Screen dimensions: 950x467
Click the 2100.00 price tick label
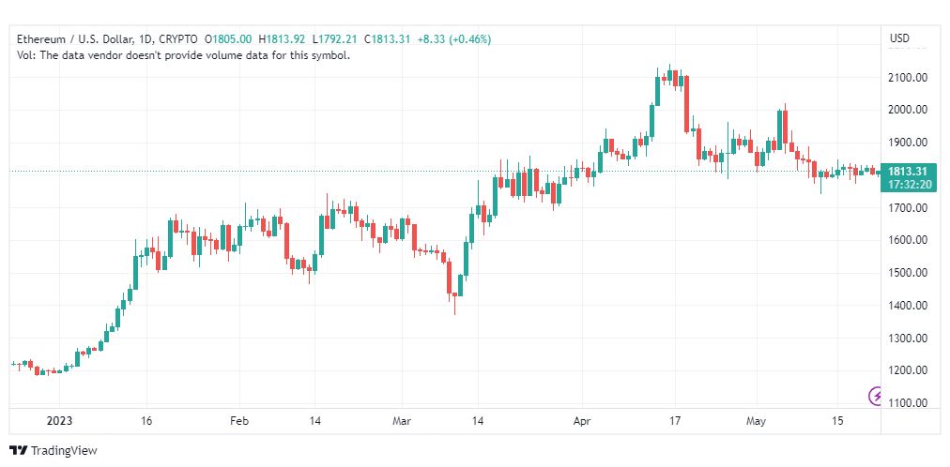909,78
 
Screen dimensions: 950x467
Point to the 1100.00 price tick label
909,403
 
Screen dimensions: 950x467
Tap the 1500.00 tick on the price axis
909,273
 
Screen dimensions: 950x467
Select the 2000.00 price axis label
909,110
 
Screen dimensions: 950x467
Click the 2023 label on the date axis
59,421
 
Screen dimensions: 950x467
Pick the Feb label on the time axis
239,421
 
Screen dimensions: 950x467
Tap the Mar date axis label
403,421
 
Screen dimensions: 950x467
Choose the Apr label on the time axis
582,421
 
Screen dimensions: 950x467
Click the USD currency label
899,38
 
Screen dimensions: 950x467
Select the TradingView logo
54,451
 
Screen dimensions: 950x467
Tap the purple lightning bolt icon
876,397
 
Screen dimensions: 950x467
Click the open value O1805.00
228,39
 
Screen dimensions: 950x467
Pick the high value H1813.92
282,39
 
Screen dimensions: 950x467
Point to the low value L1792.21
334,39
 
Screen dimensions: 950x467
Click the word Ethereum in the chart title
39,39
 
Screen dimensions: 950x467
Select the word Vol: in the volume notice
26,55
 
